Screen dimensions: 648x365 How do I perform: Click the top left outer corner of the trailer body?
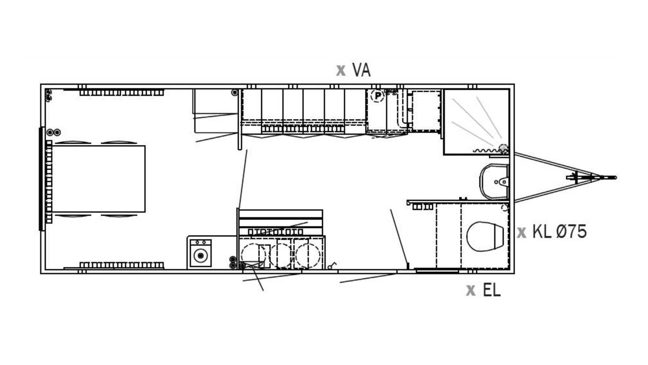point(41,84)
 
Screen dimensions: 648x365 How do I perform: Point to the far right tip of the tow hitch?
point(616,177)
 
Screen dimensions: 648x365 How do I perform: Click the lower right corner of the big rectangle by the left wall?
point(145,212)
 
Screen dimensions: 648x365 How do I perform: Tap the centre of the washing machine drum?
point(201,255)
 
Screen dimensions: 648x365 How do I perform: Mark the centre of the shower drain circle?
point(504,148)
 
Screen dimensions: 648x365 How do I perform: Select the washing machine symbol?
point(200,253)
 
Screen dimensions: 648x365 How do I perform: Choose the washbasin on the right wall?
point(494,182)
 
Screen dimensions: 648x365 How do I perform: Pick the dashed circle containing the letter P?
point(378,96)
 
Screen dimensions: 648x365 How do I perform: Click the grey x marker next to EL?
point(471,290)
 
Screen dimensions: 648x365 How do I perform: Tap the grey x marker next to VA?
point(341,70)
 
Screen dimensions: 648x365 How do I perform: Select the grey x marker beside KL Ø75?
point(521,233)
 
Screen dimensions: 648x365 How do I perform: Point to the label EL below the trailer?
point(492,290)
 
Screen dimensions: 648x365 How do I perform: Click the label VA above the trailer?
point(361,70)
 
